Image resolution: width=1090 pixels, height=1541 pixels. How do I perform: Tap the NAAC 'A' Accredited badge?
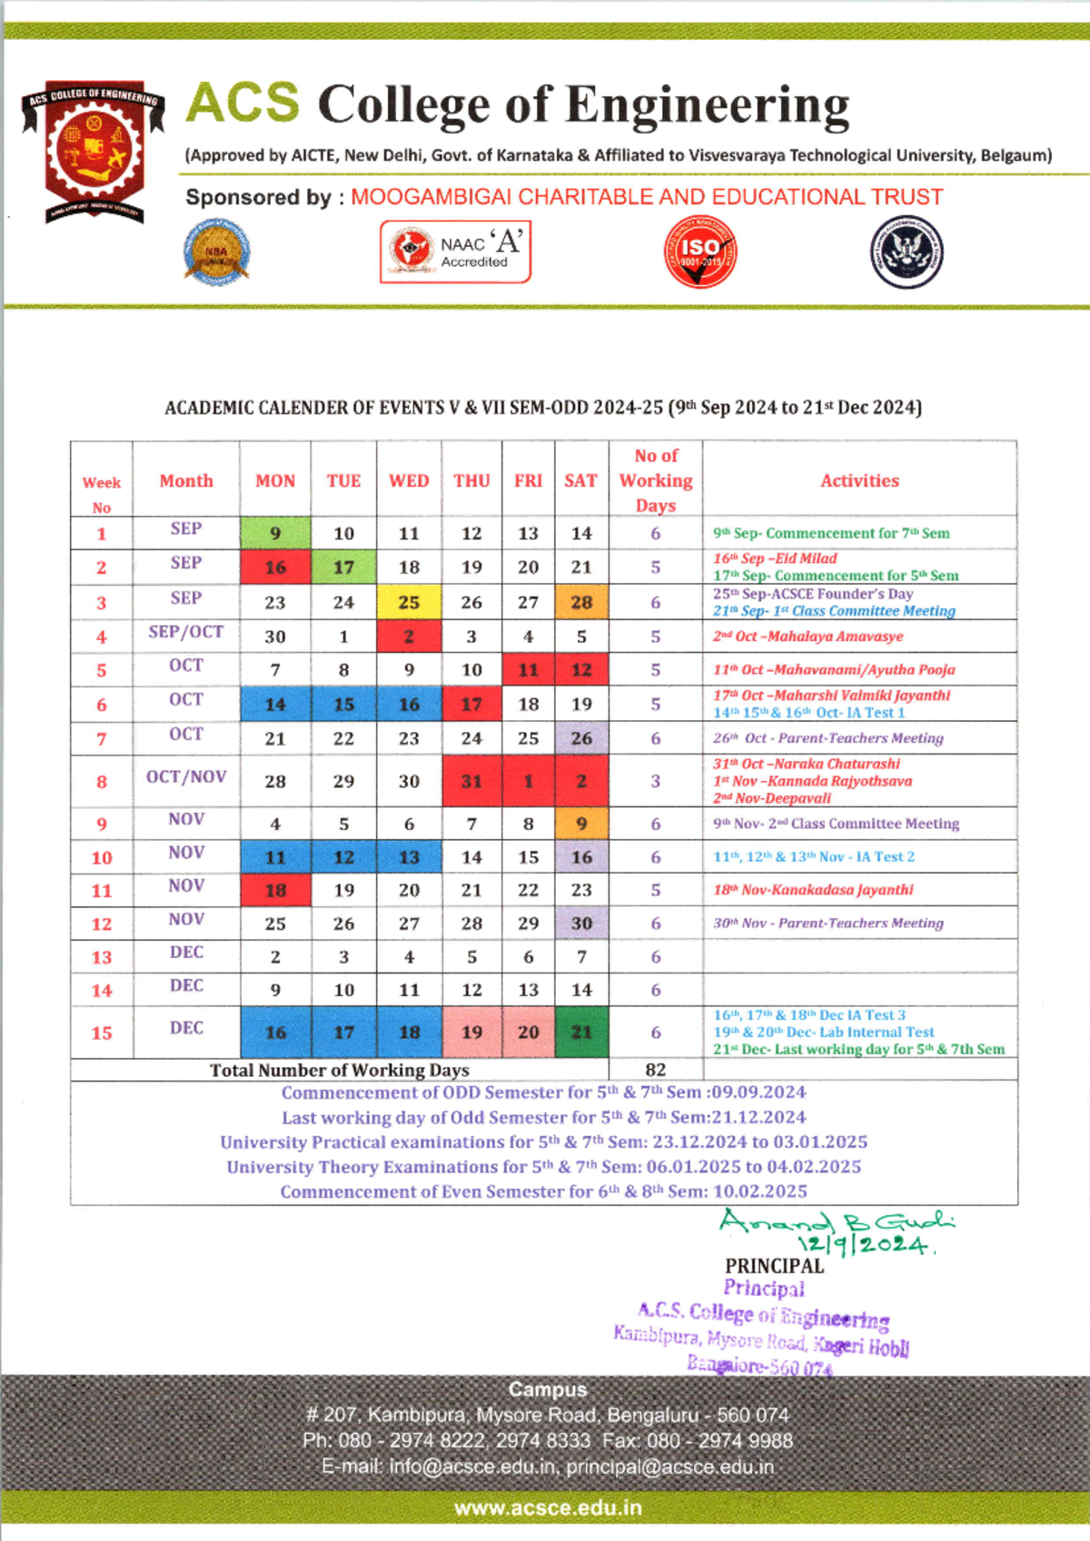click(455, 252)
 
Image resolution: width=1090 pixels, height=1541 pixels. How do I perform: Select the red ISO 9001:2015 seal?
click(699, 252)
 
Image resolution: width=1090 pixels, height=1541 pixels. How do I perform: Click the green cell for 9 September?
click(275, 533)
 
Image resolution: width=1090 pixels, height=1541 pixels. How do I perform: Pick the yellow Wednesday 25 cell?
click(409, 602)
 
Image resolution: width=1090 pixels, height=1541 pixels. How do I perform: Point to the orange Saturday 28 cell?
click(581, 602)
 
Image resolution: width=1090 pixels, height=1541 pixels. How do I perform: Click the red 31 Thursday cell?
click(471, 781)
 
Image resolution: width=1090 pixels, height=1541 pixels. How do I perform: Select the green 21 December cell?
click(581, 1032)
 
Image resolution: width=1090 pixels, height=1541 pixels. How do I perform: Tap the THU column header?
click(471, 480)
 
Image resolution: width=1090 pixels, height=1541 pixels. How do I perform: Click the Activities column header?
click(859, 480)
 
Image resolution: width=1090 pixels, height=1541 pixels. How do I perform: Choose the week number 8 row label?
click(102, 781)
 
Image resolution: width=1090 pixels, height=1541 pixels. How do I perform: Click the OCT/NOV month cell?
click(186, 777)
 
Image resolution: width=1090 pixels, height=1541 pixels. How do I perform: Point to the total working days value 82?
click(655, 1070)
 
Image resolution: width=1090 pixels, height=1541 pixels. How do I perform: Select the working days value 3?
click(655, 781)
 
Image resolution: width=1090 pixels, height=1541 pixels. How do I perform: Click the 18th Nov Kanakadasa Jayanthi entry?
click(813, 890)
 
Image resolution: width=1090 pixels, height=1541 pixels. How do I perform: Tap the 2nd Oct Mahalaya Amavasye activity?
click(808, 637)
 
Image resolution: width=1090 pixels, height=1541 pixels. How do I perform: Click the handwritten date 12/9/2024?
click(864, 1245)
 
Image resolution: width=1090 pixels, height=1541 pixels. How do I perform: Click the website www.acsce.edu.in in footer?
click(548, 1508)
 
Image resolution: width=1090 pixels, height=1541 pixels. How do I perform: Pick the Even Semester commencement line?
click(543, 1191)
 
